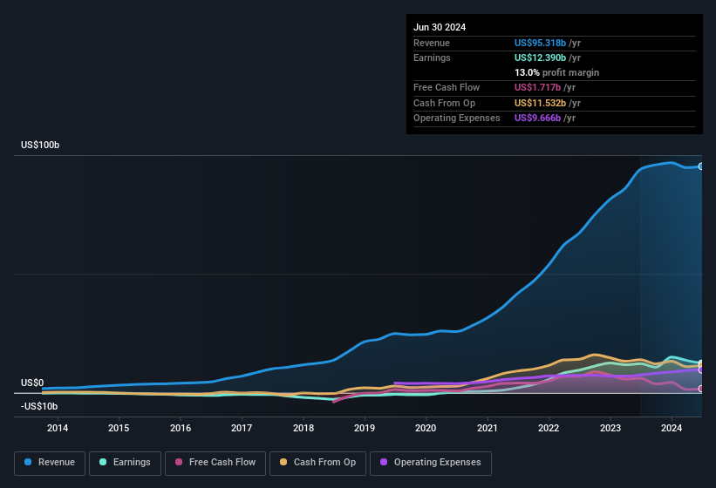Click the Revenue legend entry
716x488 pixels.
(49, 463)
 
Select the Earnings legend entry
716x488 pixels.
(125, 463)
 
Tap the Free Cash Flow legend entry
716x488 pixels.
(215, 463)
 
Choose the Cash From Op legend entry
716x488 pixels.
(317, 463)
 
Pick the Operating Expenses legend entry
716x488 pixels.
(431, 463)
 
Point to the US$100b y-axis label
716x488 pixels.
(41, 145)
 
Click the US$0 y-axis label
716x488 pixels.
(32, 383)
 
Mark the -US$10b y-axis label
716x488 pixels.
(39, 406)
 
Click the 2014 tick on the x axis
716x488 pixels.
(58, 428)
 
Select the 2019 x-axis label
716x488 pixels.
(365, 428)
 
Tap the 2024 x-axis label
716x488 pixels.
(672, 428)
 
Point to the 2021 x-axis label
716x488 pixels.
(488, 428)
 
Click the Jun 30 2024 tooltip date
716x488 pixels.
(440, 27)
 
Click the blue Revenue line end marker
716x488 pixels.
(701, 166)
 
